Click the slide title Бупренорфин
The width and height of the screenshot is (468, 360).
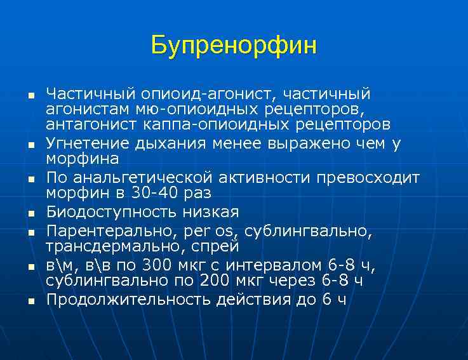[234, 46]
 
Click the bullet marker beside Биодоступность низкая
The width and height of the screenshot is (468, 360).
[30, 213]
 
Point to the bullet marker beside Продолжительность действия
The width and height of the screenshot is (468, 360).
[30, 300]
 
